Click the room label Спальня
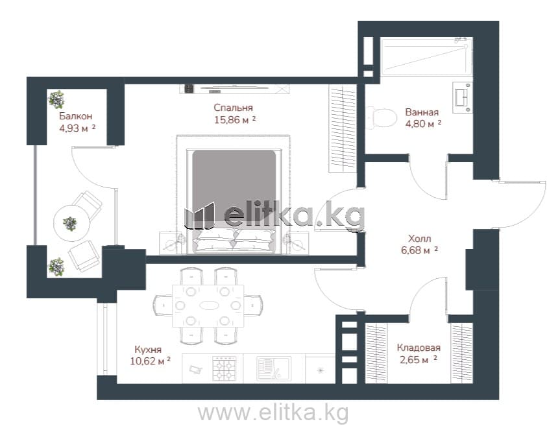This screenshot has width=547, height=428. pos(233,108)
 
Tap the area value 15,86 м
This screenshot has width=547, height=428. pos(232,120)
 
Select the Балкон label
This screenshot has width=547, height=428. pos(76,116)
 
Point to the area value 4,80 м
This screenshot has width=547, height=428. pos(420,124)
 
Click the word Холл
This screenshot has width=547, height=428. pos(420,239)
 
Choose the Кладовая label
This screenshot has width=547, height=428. pos(419,348)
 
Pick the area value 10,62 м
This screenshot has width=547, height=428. pos(147,361)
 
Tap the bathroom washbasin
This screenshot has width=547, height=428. pos(463,97)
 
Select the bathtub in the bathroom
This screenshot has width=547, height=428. pos(427,56)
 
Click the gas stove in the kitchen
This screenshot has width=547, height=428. pos(225,369)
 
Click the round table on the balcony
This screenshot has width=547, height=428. pos(71,223)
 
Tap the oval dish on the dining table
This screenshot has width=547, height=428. pos(209,305)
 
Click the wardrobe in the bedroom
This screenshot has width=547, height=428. pos(342,128)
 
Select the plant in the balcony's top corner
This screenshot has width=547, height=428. pos(56,99)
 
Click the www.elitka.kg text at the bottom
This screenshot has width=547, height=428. pos(273,413)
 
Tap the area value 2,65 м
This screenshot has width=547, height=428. pos(415,360)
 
